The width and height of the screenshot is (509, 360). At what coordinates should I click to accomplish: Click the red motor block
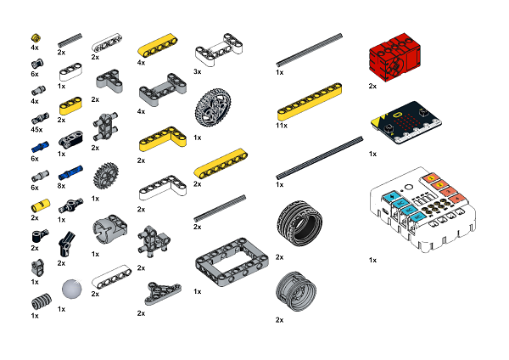[394, 57]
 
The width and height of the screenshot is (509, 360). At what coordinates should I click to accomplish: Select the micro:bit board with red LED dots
[406, 123]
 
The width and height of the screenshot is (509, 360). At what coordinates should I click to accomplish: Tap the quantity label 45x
[36, 130]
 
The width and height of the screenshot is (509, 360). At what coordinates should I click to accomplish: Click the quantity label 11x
[282, 126]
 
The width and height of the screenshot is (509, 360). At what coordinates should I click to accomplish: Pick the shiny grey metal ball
[72, 289]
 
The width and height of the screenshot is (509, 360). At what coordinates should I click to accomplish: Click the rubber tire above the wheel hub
[299, 223]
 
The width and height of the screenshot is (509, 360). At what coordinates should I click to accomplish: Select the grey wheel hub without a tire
[296, 291]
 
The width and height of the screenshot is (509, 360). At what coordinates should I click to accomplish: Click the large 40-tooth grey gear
[213, 108]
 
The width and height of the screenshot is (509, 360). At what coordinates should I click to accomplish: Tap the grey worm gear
[42, 301]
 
